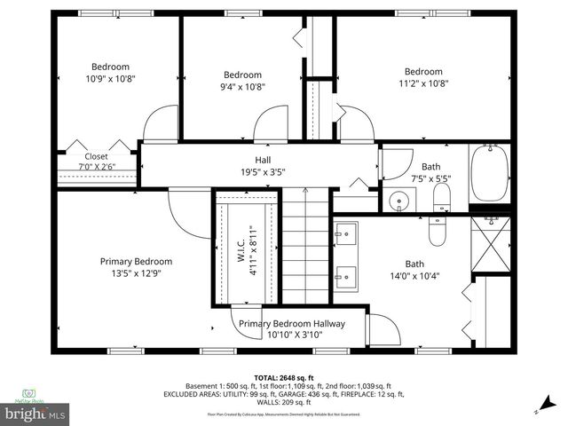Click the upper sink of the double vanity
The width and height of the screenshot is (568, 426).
coord(347,234)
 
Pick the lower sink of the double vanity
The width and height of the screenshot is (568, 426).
coord(347,276)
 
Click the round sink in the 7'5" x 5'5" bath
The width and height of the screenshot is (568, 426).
coord(399,202)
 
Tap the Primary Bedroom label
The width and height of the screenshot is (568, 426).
coord(136,262)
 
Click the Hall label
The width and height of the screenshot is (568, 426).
coord(250,160)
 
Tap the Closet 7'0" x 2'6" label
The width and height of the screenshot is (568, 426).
coord(96,161)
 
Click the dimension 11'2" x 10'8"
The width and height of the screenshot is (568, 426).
coord(423,83)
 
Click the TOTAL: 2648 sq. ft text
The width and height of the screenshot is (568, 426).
coord(283,376)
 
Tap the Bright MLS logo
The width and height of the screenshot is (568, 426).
coord(35,414)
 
